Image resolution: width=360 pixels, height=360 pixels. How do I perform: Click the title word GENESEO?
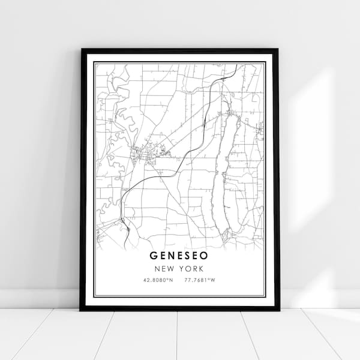(x=180, y=256)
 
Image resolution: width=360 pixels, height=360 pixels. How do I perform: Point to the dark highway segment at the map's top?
(x=226, y=77)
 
